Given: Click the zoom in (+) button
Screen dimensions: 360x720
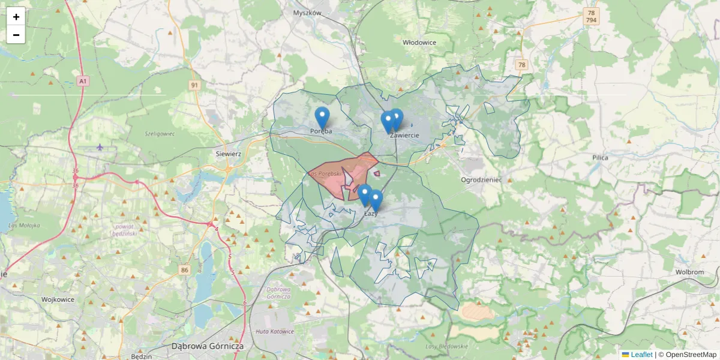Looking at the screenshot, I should click(16, 17).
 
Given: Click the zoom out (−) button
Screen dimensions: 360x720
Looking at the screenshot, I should click(16, 35).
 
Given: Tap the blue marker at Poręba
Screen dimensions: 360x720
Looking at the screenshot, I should click(322, 118).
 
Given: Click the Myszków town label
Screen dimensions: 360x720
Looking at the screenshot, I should click(308, 13).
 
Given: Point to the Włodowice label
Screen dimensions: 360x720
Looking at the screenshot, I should click(419, 43).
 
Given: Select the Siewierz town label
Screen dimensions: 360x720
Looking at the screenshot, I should click(228, 154).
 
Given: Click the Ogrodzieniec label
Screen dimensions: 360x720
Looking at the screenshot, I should click(481, 180).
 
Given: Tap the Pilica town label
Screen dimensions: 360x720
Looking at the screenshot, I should click(599, 158).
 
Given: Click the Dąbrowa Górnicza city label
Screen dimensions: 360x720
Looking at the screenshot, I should click(207, 346).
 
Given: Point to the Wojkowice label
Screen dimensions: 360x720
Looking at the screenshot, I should click(58, 299).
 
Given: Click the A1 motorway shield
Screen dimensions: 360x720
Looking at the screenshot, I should click(83, 80).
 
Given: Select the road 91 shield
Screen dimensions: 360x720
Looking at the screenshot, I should click(194, 85).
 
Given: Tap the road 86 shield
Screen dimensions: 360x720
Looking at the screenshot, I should click(184, 271).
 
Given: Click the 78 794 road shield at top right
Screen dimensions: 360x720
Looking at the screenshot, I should click(592, 16).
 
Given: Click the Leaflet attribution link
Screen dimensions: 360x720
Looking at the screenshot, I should click(641, 355).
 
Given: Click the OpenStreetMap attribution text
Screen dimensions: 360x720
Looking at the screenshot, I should click(690, 355).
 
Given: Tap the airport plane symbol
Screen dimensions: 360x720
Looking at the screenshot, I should click(100, 147).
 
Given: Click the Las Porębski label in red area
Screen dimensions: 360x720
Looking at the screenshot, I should click(325, 173).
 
